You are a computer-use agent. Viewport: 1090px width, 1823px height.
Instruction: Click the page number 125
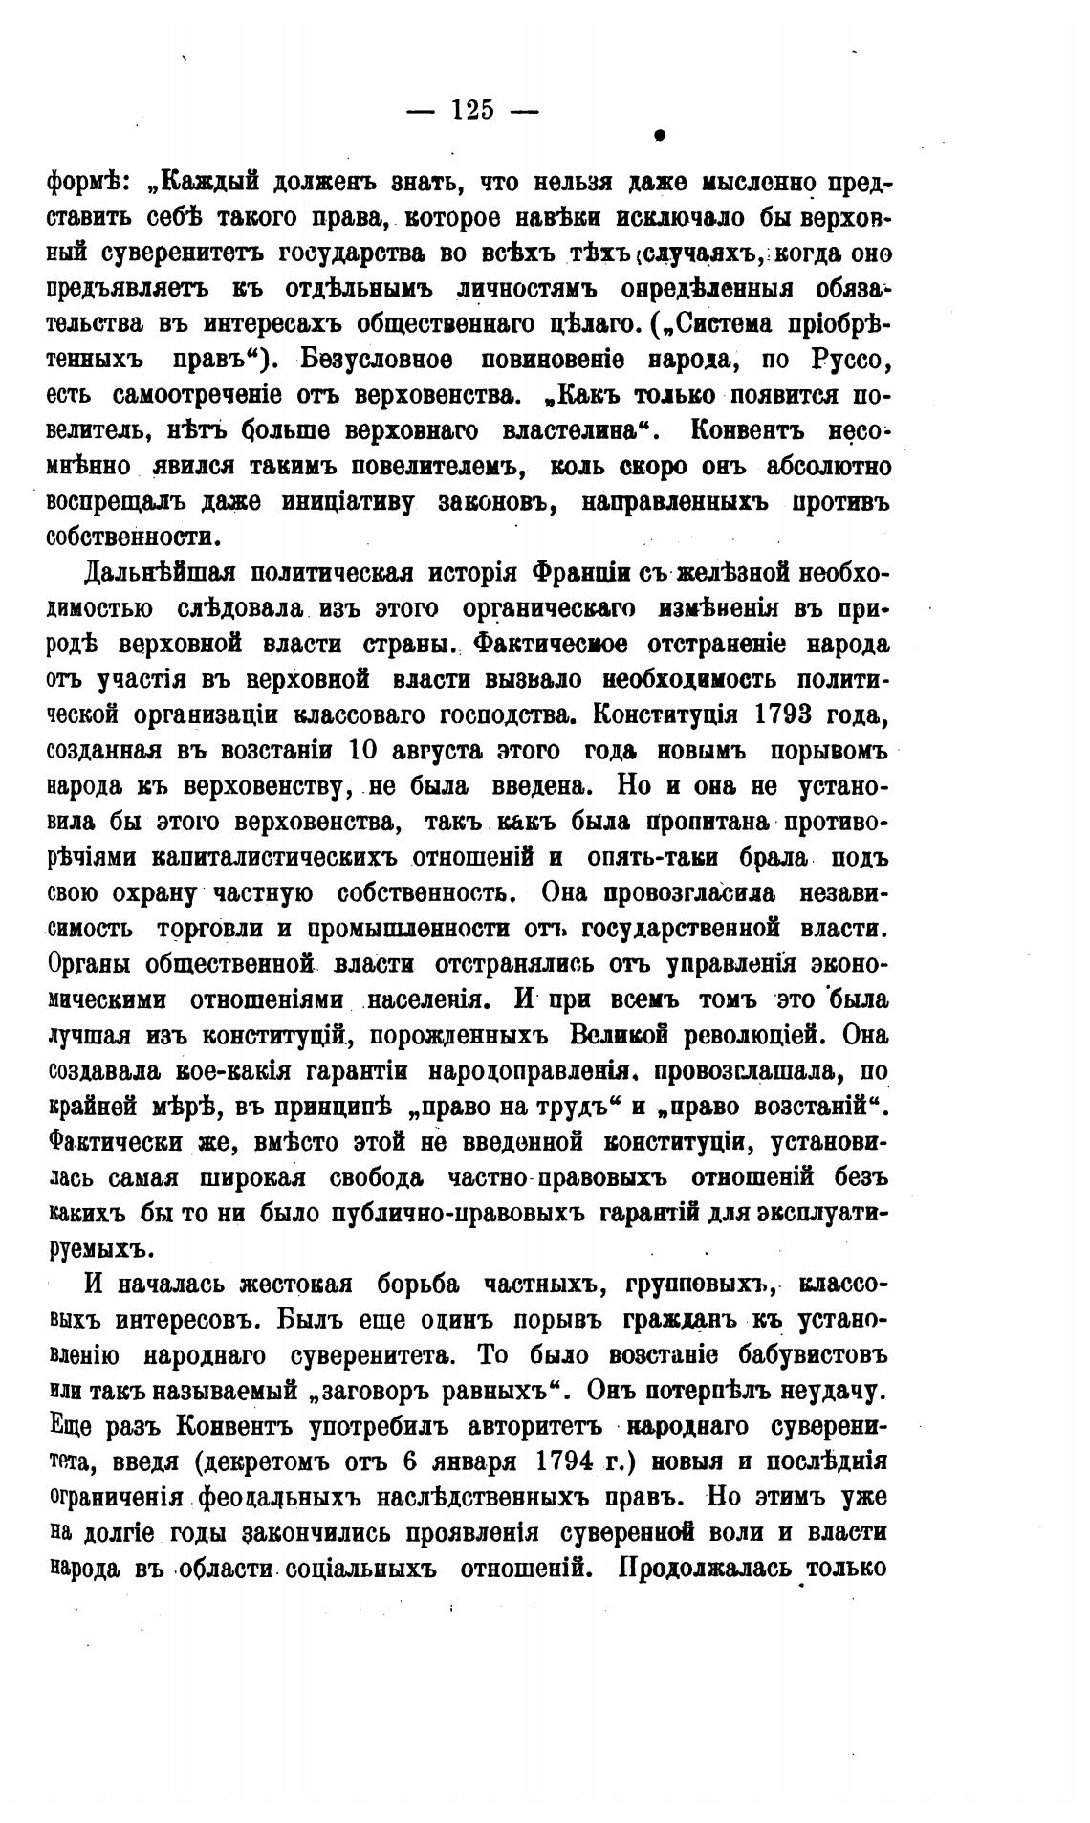[473, 110]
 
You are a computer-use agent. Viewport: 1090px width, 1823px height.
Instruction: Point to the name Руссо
[850, 361]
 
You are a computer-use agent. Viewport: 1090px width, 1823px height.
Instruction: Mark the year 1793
[779, 714]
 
